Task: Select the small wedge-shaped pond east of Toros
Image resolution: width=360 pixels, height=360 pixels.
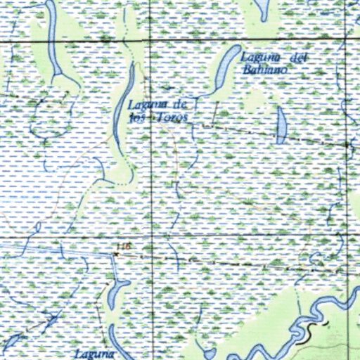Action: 281,125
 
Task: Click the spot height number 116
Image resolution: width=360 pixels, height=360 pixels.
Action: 125,245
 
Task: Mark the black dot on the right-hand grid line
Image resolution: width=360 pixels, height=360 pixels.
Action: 349,144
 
